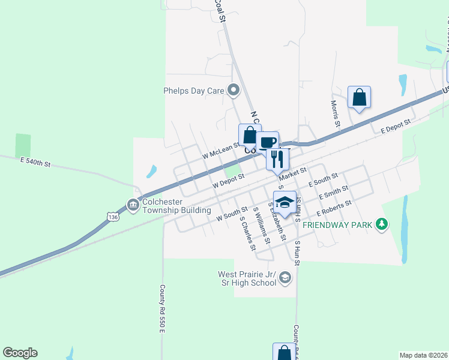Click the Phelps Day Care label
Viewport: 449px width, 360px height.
point(193,91)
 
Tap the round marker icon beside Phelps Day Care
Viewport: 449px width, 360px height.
point(234,91)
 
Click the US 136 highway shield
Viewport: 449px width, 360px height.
point(113,216)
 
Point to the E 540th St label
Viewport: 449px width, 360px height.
point(36,162)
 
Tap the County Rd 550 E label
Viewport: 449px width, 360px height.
point(162,304)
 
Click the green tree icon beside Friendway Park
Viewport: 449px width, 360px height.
point(381,225)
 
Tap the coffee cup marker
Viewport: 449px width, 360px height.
point(268,142)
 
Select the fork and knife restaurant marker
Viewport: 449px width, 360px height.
point(277,159)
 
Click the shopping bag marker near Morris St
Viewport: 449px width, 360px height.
point(359,97)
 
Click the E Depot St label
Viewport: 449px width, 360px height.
point(396,126)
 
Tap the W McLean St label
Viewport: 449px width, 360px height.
point(220,151)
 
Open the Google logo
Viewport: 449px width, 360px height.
point(20,353)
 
